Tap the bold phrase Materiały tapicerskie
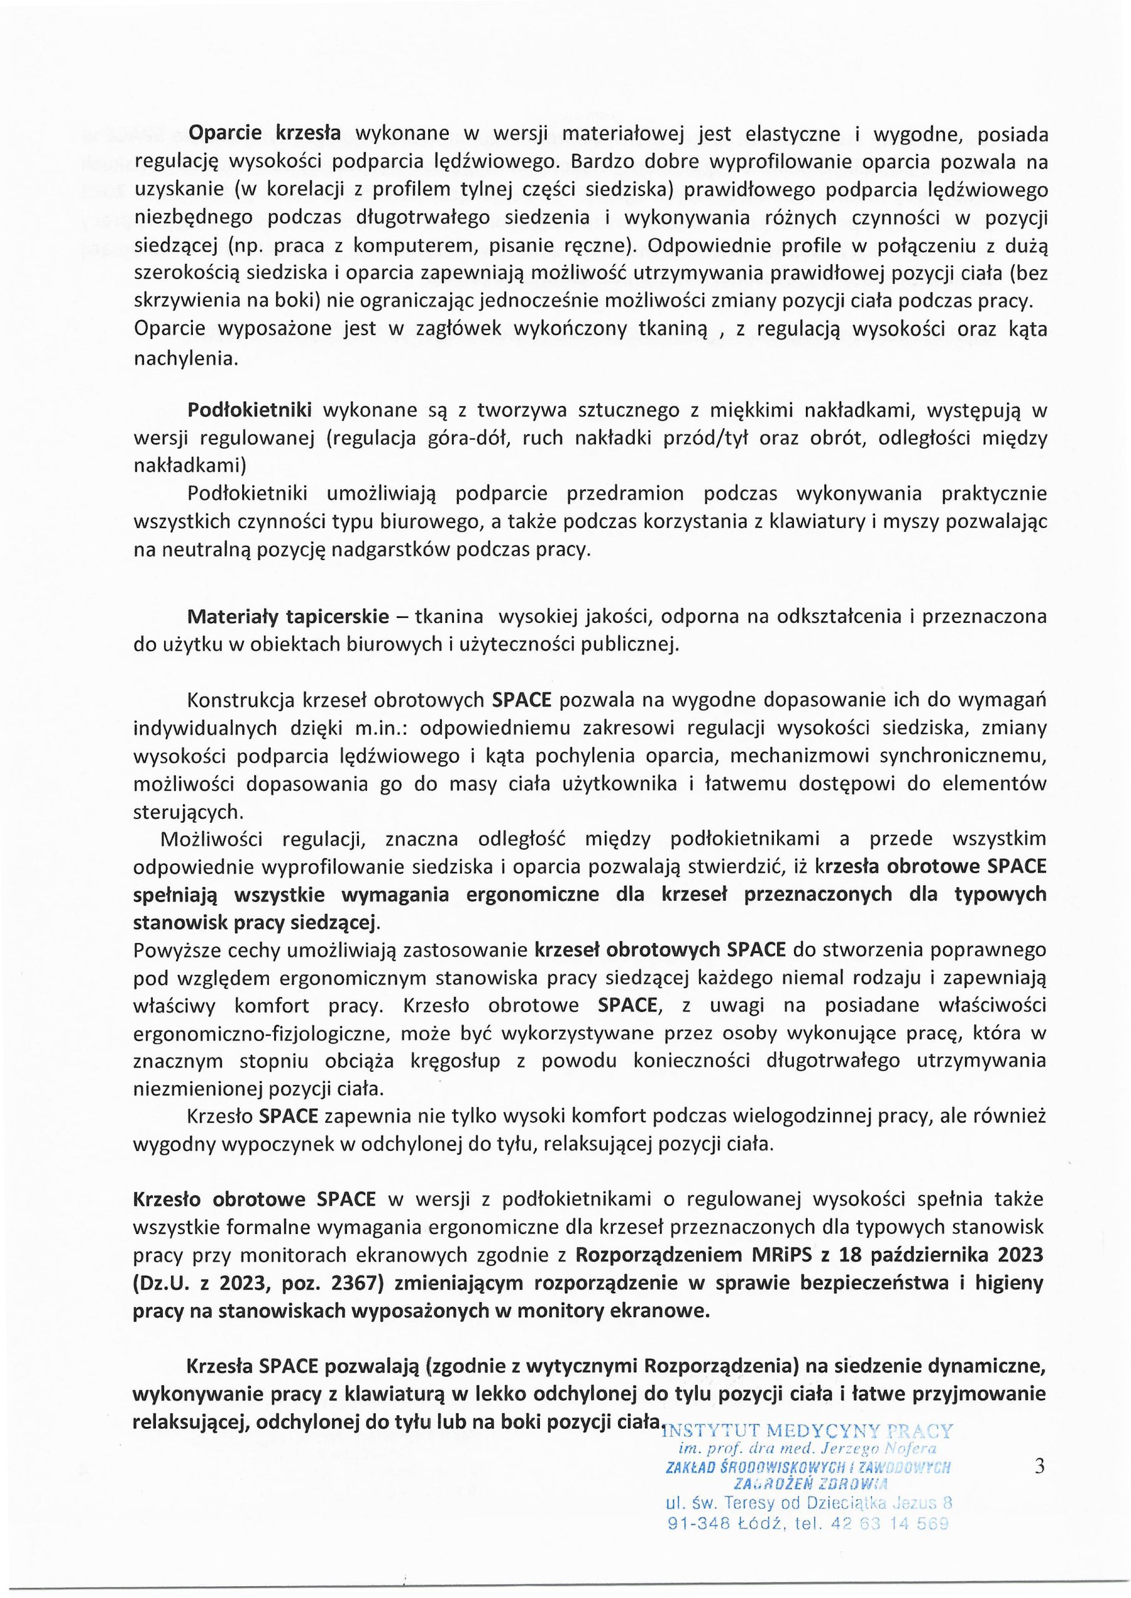(288, 616)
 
